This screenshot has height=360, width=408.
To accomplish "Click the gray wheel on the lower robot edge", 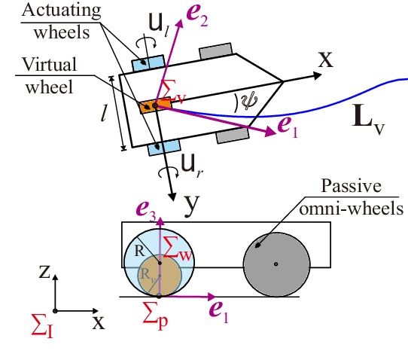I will tap(233, 136).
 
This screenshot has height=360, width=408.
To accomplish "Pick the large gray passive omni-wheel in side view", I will tap(276, 264).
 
